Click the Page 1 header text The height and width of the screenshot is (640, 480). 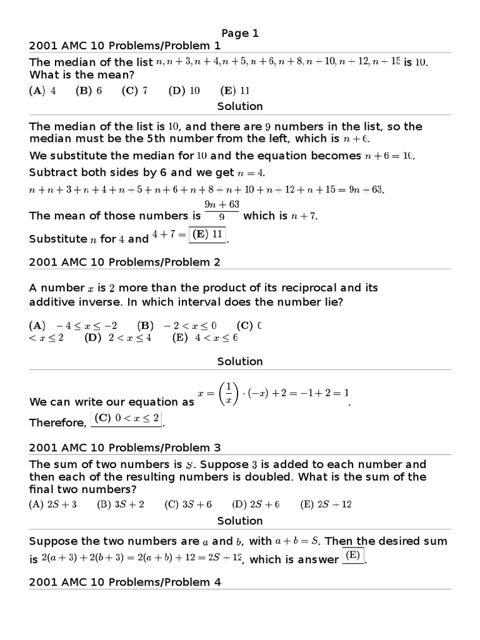tap(240, 33)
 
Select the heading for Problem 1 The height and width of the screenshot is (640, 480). tap(125, 46)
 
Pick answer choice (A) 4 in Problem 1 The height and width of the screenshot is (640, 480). tap(42, 90)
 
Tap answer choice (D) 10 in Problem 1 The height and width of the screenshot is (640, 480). tap(184, 90)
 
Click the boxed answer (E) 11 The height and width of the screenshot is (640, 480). tap(207, 234)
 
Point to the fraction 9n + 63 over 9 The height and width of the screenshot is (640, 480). tap(222, 211)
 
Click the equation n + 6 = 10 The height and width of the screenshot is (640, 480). tap(390, 156)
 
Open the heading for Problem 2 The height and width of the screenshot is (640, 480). tap(125, 262)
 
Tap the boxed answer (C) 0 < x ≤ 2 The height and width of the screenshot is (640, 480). tap(127, 418)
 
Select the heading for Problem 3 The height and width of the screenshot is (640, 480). tap(125, 447)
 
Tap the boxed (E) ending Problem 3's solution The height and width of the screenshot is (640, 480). tap(353, 555)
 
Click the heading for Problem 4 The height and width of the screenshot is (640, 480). tap(125, 582)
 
